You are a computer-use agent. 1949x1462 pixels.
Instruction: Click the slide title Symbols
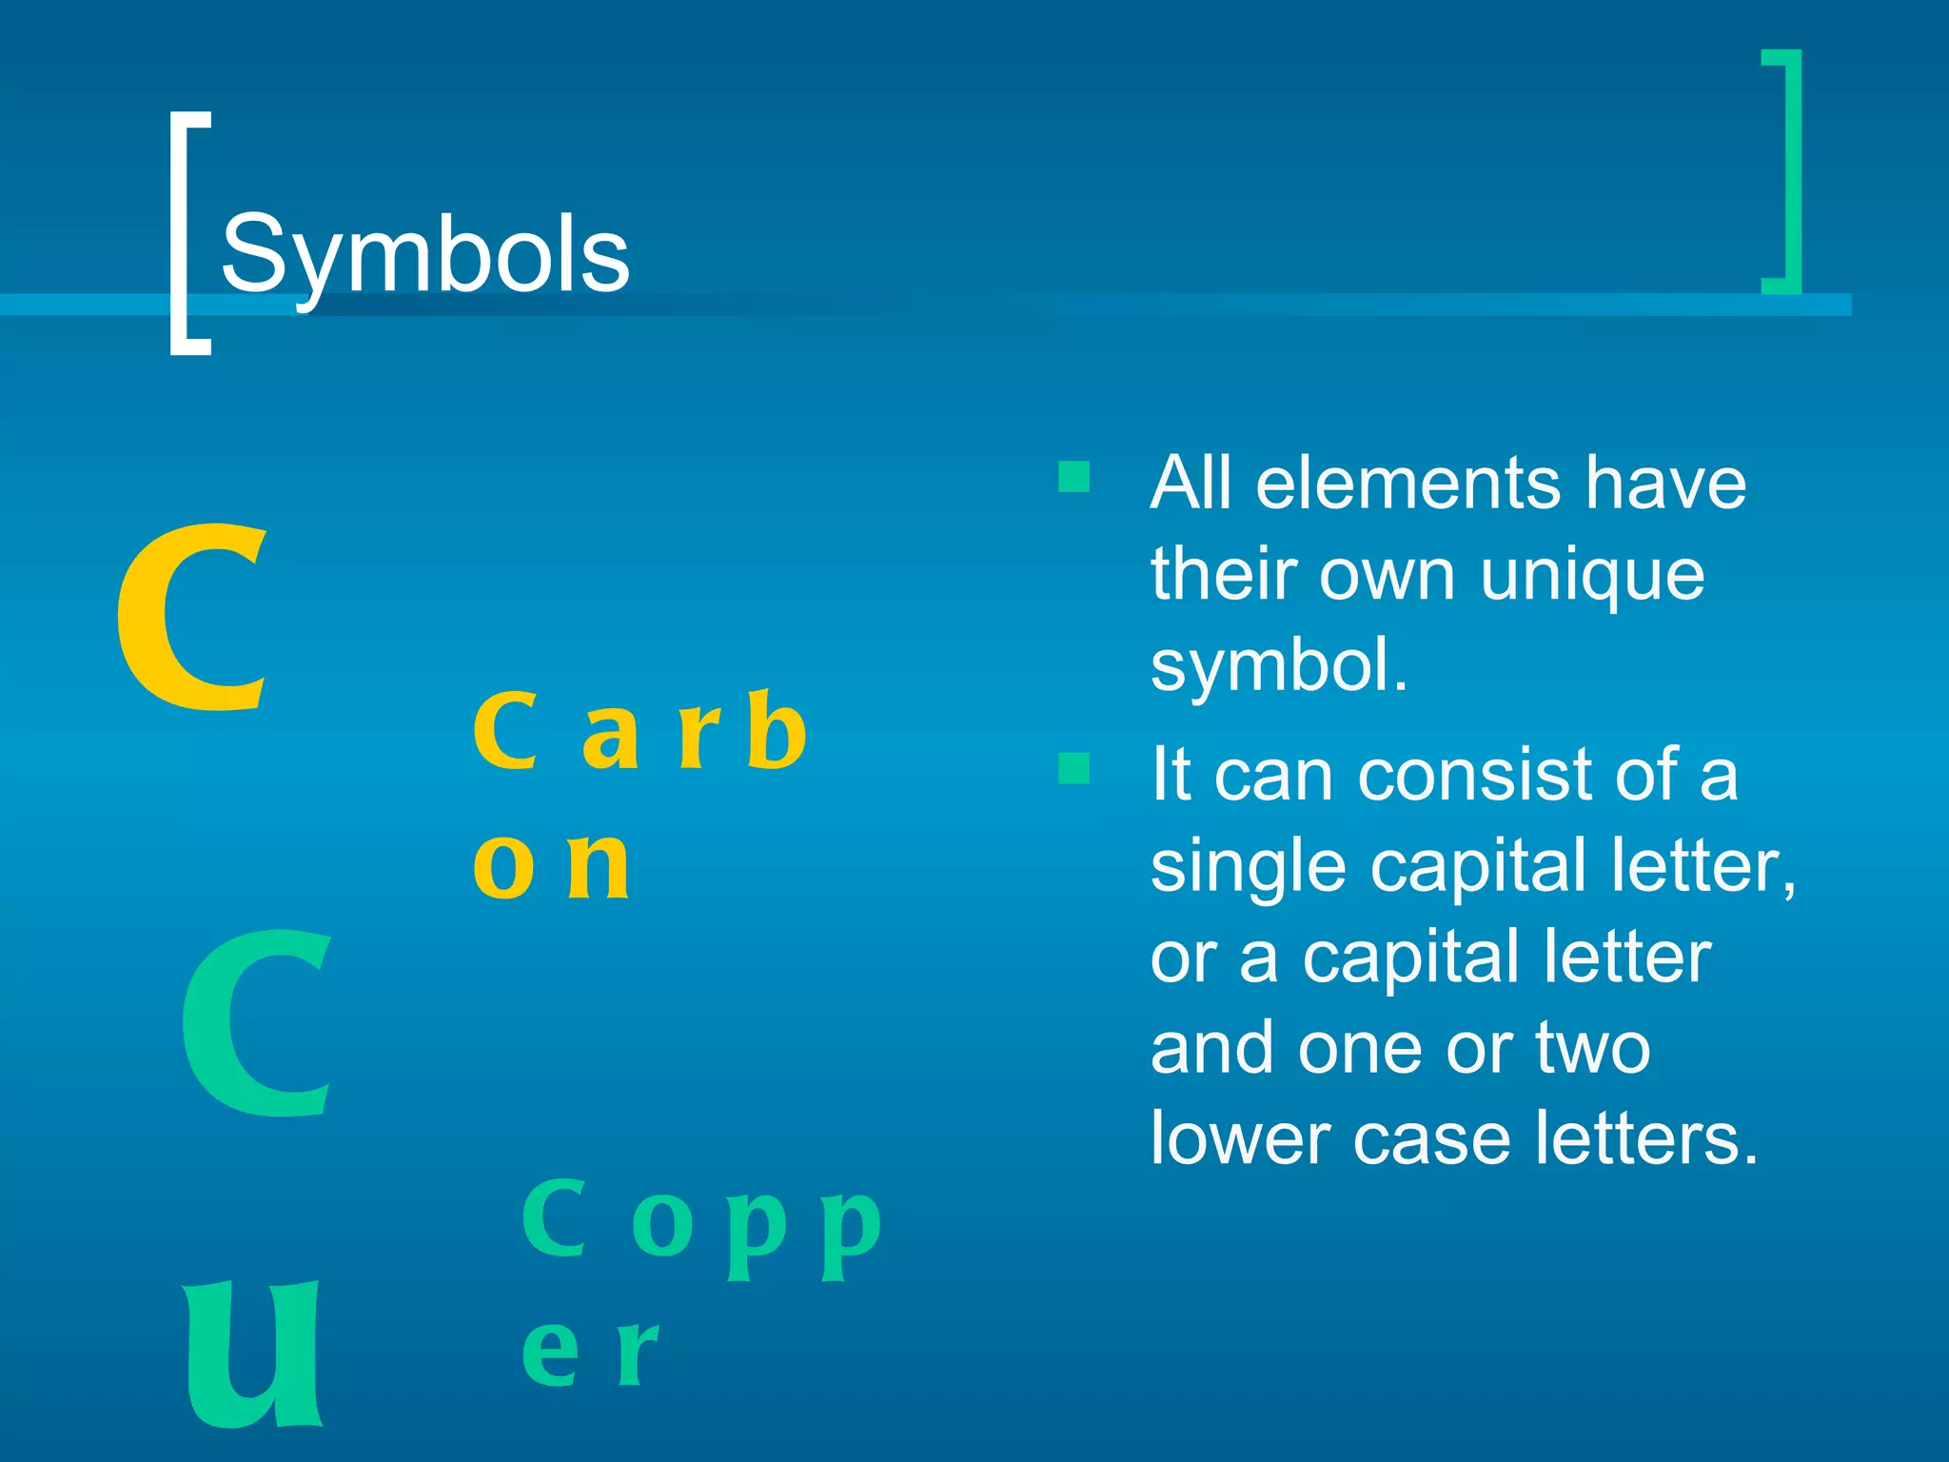(x=424, y=255)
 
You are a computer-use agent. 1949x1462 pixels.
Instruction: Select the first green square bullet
(x=1073, y=476)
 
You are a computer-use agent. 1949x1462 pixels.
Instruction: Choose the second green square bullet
(x=1073, y=767)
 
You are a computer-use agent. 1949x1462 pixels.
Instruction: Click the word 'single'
(x=1248, y=867)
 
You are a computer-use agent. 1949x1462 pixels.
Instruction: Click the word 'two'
(x=1593, y=1048)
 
